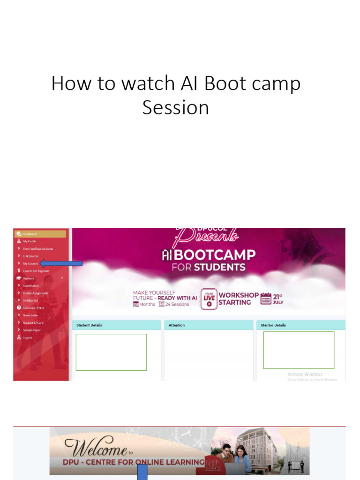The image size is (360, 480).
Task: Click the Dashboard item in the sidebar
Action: pyautogui.click(x=30, y=234)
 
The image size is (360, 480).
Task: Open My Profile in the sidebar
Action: pyautogui.click(x=30, y=241)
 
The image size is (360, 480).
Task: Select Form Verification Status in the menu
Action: pyautogui.click(x=38, y=249)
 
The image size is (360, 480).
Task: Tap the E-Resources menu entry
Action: pyautogui.click(x=31, y=256)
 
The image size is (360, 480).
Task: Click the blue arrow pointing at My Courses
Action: pyautogui.click(x=61, y=264)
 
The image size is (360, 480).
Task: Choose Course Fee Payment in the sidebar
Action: pyautogui.click(x=36, y=271)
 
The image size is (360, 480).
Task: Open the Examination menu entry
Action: pyautogui.click(x=31, y=286)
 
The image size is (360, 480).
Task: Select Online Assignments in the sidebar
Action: pyautogui.click(x=36, y=293)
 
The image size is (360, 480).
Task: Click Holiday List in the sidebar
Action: pyautogui.click(x=30, y=300)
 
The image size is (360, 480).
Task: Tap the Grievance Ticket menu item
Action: pyautogui.click(x=33, y=308)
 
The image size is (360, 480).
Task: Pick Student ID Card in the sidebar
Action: pyautogui.click(x=33, y=323)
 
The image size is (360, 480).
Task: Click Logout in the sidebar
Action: pyautogui.click(x=28, y=337)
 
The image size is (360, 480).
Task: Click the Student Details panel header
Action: pyautogui.click(x=90, y=325)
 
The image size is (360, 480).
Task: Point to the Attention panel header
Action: pyautogui.click(x=177, y=325)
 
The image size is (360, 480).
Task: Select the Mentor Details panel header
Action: pyautogui.click(x=273, y=325)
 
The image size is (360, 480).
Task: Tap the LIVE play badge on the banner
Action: pyautogui.click(x=209, y=299)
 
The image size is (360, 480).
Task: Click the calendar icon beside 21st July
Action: pyautogui.click(x=266, y=299)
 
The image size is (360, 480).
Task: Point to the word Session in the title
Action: pyautogui.click(x=176, y=107)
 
